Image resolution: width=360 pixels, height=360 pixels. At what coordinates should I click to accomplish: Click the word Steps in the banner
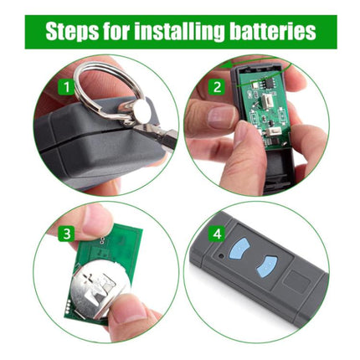[x=72, y=31]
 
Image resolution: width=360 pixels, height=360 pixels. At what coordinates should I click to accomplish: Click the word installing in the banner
[x=179, y=31]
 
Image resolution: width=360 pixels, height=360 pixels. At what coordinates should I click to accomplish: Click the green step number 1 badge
[x=66, y=87]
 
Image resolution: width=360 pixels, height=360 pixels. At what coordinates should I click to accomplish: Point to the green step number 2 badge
[x=217, y=87]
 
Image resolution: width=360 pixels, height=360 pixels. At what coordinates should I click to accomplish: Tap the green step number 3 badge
[x=66, y=234]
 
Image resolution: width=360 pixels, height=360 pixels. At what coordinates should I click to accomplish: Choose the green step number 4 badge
[x=217, y=234]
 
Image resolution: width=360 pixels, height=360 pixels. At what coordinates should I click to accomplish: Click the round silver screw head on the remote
[x=141, y=110]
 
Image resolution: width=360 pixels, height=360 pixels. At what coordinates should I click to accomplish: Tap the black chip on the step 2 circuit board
[x=270, y=82]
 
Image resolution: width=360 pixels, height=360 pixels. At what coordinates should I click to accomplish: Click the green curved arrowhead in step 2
[x=224, y=66]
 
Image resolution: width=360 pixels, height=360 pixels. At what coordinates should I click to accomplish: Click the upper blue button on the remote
[x=239, y=247]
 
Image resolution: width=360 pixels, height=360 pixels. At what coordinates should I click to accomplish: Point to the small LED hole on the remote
[x=221, y=255]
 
